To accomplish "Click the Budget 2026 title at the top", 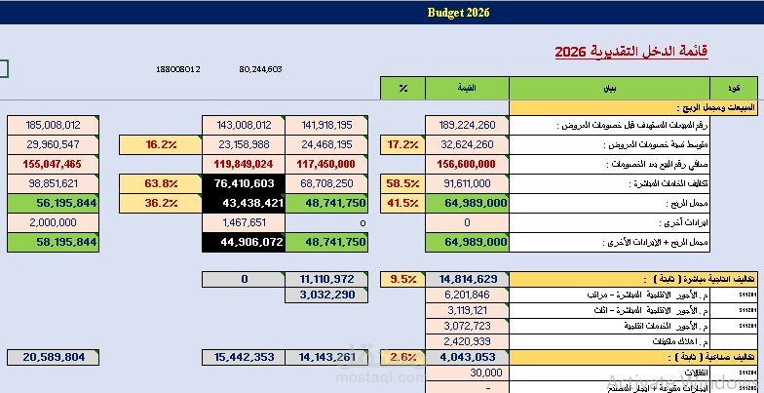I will point(458,13).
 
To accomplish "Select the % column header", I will point(402,89).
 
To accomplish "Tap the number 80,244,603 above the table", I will point(259,69).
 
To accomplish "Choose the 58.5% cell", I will point(402,182).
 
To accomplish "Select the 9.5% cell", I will point(402,279).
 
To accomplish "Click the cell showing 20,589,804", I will point(56,357).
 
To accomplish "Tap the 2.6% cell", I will point(402,357).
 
